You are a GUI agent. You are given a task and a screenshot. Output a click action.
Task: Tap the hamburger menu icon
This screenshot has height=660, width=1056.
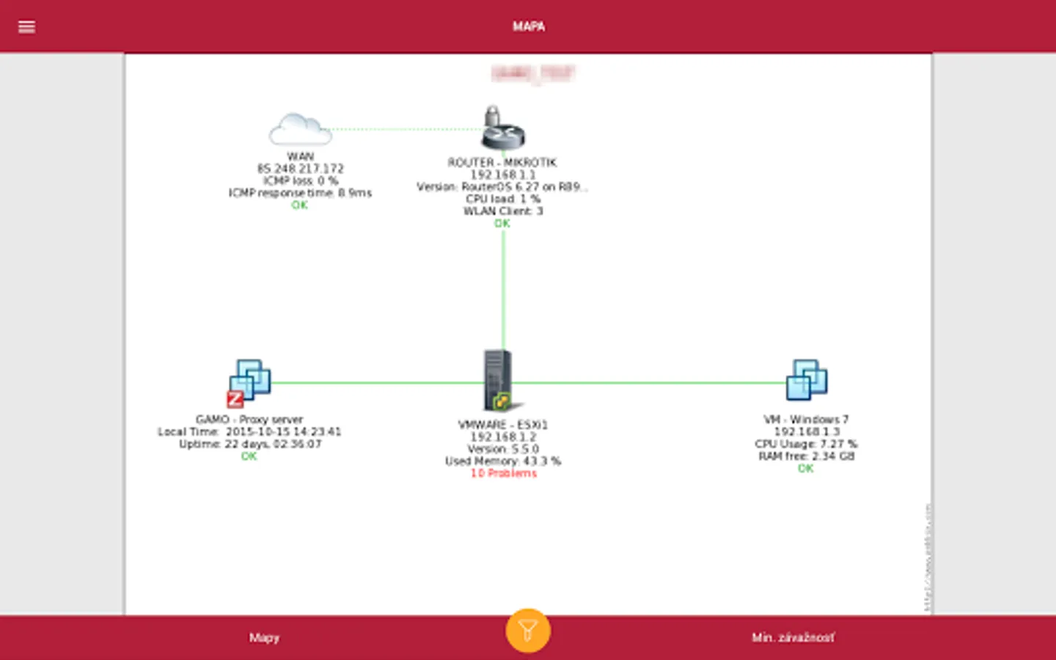[x=26, y=27]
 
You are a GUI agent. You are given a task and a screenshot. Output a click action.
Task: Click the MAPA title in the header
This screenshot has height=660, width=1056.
[x=528, y=26]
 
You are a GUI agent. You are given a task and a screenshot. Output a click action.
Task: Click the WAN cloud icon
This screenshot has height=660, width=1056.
[x=299, y=130]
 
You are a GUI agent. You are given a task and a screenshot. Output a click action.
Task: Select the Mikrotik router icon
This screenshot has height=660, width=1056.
[x=502, y=128]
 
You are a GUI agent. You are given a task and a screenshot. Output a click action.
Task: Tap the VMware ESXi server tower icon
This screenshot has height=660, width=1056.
[x=498, y=380]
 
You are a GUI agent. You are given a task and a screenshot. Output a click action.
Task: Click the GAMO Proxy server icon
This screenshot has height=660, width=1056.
[x=249, y=381]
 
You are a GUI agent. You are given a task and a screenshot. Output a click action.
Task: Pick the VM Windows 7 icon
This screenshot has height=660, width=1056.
[x=806, y=380]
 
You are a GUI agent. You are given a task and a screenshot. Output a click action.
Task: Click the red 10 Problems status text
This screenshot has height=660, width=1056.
[x=503, y=474]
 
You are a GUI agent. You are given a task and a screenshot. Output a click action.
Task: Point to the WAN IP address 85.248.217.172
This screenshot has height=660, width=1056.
[x=300, y=169]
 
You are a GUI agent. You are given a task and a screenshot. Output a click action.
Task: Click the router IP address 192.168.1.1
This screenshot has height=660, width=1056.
[x=502, y=175]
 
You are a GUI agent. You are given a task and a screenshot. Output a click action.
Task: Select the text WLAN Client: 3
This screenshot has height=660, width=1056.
[x=502, y=211]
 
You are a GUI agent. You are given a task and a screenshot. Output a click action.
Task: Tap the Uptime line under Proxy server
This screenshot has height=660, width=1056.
[x=250, y=444]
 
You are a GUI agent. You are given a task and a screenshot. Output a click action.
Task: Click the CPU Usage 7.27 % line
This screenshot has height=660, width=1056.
[x=805, y=444]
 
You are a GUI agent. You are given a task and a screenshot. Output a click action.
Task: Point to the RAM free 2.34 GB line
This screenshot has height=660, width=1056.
[x=806, y=456]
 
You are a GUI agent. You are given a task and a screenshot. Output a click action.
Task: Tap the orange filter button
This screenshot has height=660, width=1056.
[x=527, y=630]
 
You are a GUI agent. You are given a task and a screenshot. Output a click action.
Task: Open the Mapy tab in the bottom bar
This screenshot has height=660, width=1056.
[x=264, y=638]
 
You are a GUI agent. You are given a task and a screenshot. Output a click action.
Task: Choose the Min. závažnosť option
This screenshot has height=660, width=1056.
[x=793, y=638]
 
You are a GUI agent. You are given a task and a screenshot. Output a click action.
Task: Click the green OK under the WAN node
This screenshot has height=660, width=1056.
[x=299, y=205]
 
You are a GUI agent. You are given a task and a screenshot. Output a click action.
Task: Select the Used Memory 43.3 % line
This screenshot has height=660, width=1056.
[x=502, y=461]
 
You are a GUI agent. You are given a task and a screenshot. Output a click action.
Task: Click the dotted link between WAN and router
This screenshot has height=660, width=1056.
[x=403, y=129]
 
